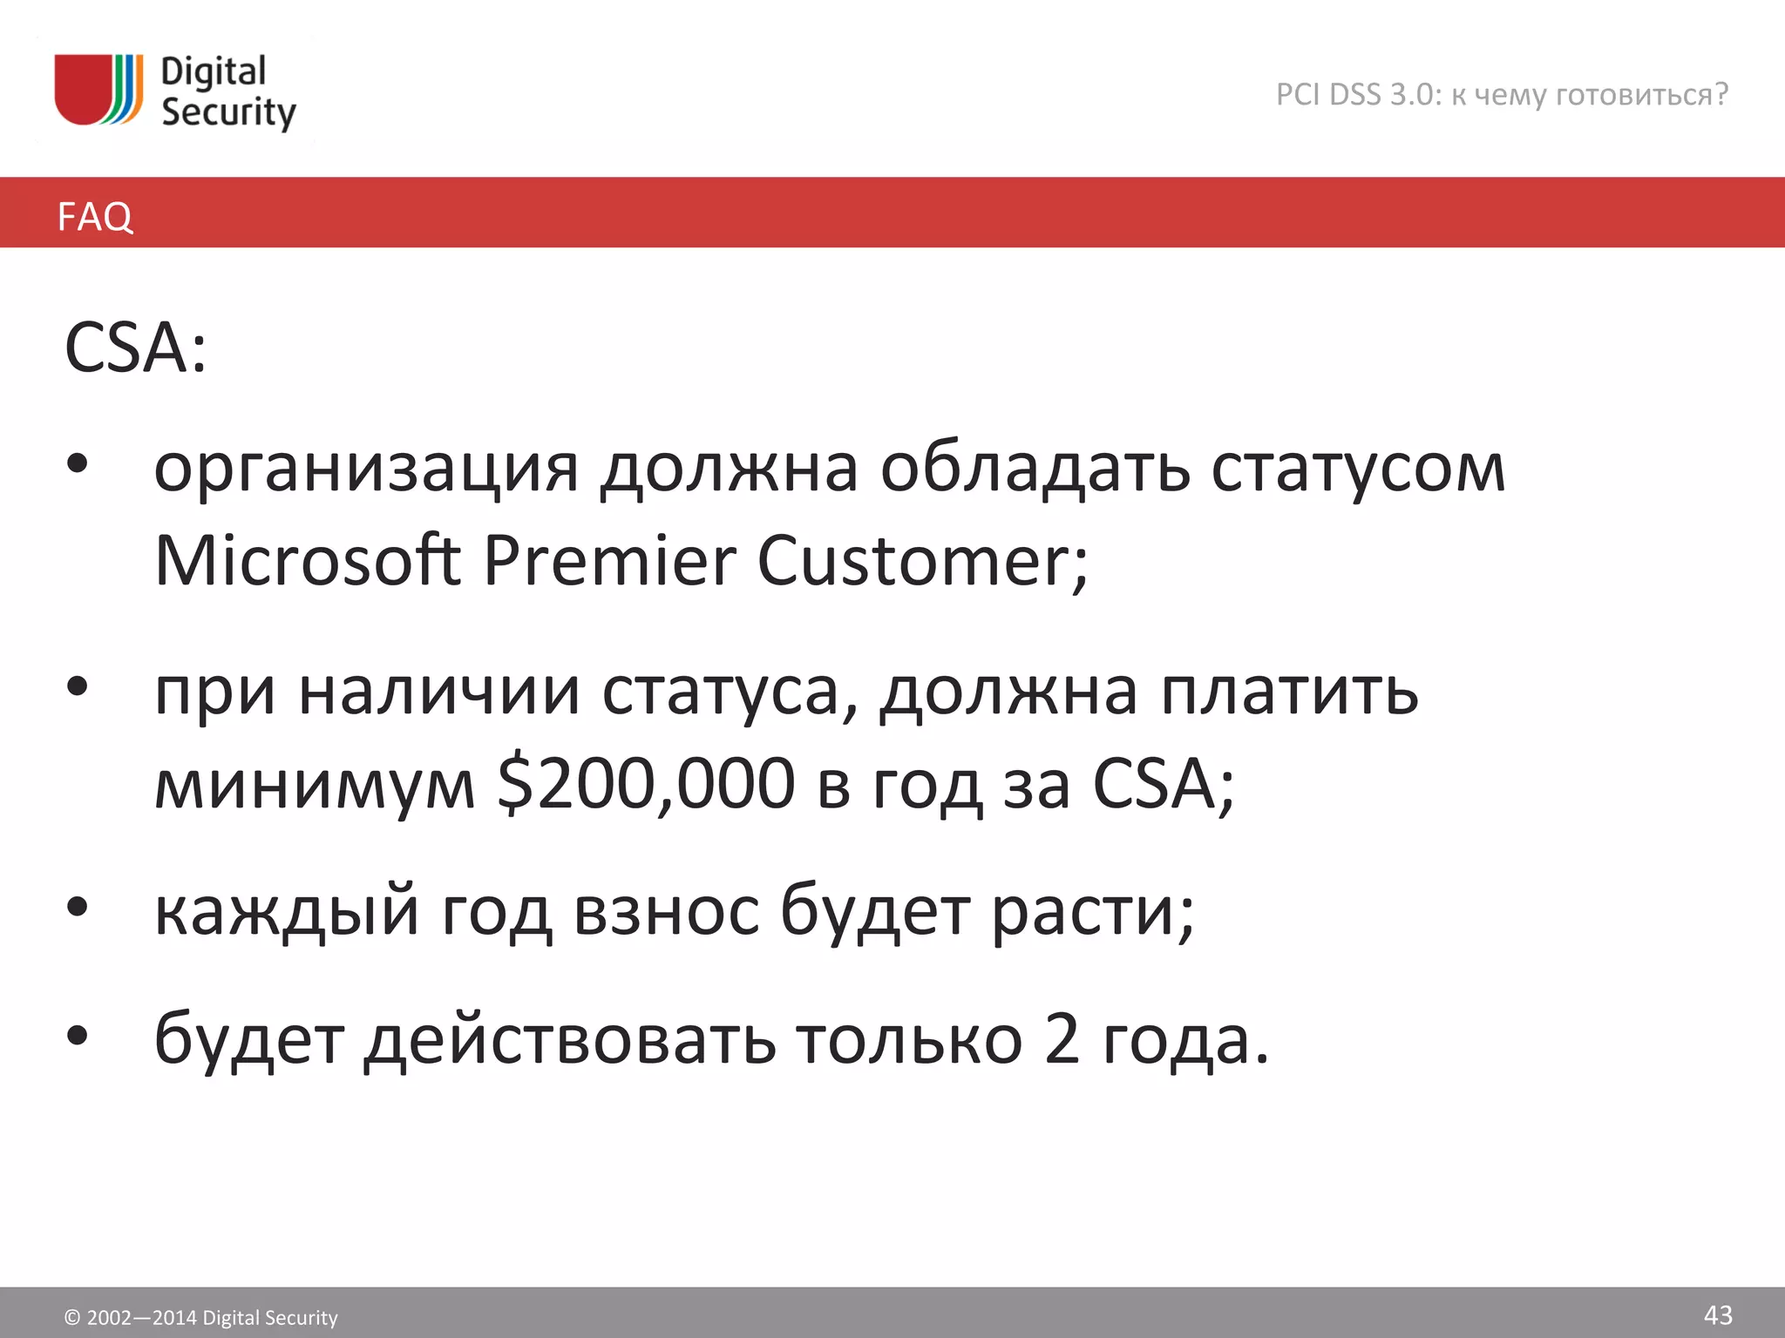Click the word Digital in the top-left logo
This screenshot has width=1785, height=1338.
click(x=214, y=71)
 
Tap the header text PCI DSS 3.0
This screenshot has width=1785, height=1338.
click(x=1359, y=94)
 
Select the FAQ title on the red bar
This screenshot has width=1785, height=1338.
click(x=95, y=216)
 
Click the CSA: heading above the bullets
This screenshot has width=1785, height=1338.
click(x=136, y=348)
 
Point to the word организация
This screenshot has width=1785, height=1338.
click(x=366, y=470)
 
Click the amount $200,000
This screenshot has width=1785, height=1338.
click(x=646, y=783)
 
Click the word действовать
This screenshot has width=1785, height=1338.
click(x=569, y=1039)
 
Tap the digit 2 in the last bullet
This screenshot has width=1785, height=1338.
click(x=1062, y=1039)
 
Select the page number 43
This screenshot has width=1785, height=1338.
click(x=1718, y=1314)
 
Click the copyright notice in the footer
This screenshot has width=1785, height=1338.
click(x=201, y=1317)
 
